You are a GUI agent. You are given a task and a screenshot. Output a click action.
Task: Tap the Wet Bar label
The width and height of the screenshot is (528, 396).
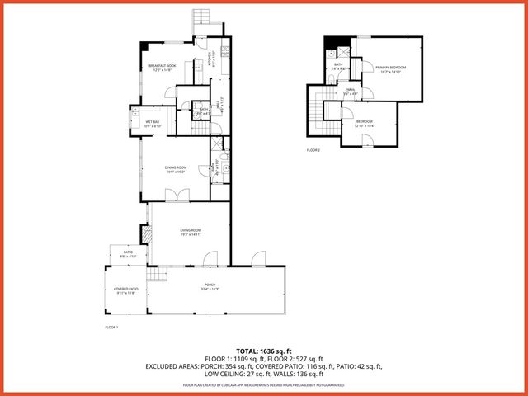[152, 122]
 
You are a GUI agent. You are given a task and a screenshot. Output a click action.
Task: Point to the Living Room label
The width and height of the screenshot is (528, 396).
[191, 230]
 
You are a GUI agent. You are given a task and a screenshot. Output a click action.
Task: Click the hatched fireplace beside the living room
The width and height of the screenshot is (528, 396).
[147, 236]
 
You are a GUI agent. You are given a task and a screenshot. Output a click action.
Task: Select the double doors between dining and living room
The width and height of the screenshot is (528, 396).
[177, 196]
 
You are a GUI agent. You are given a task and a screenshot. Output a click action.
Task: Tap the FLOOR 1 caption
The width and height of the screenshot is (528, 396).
[111, 328]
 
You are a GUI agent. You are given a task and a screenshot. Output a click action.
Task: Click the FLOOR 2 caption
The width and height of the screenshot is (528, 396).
[313, 150]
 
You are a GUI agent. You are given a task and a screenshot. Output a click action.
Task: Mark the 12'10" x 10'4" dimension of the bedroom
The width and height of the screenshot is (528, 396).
[364, 126]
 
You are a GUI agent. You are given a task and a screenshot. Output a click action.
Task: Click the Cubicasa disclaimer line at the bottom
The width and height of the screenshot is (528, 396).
[264, 384]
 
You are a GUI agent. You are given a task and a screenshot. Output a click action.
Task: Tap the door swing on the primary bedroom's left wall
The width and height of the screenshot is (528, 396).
[358, 78]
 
